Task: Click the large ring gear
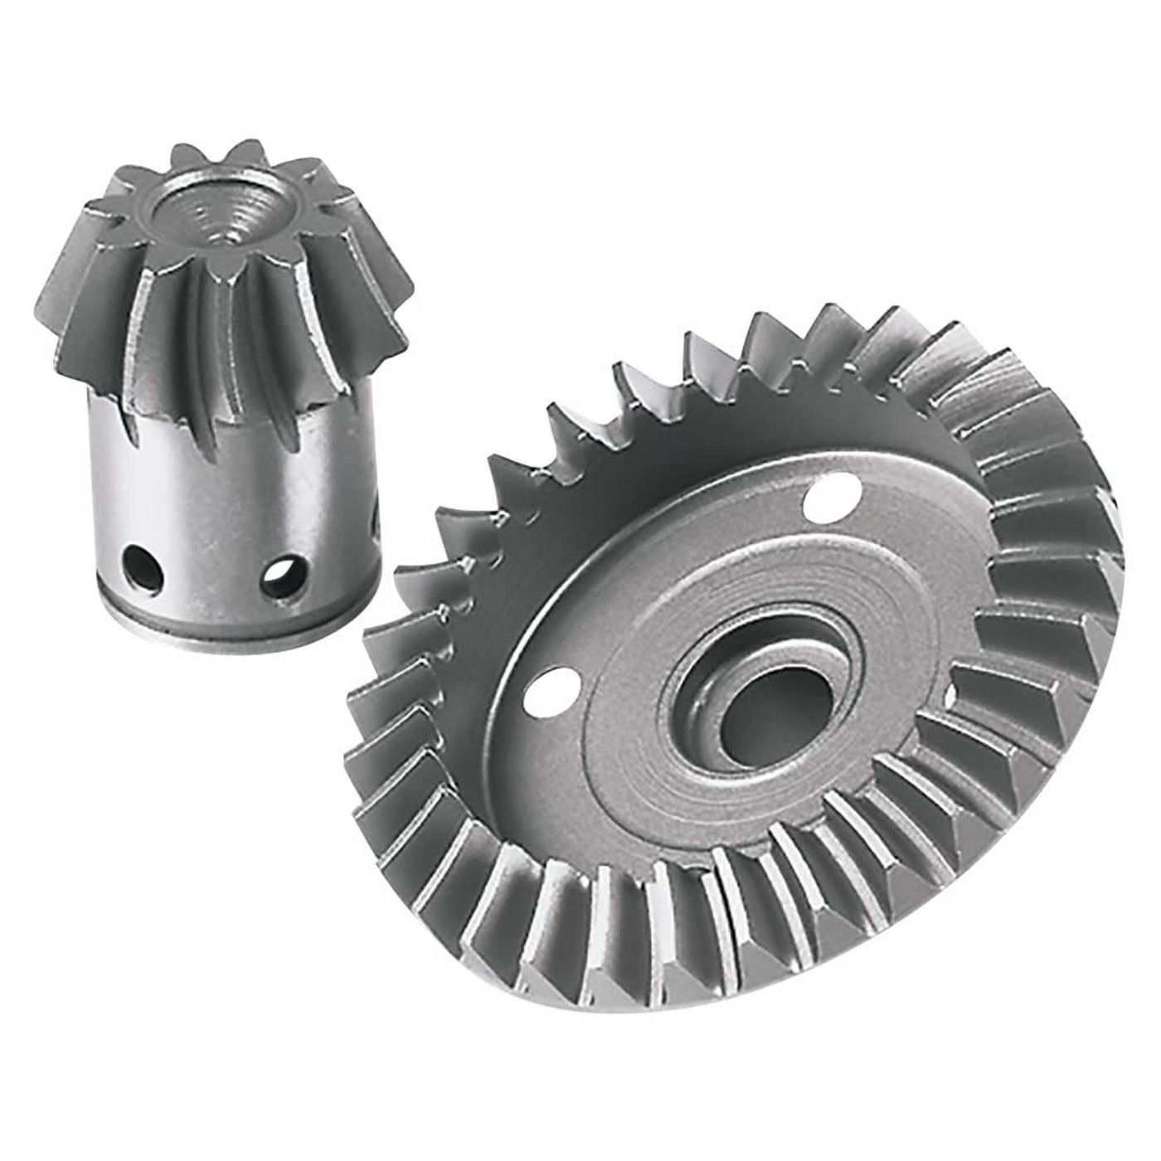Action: point(746,663)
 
